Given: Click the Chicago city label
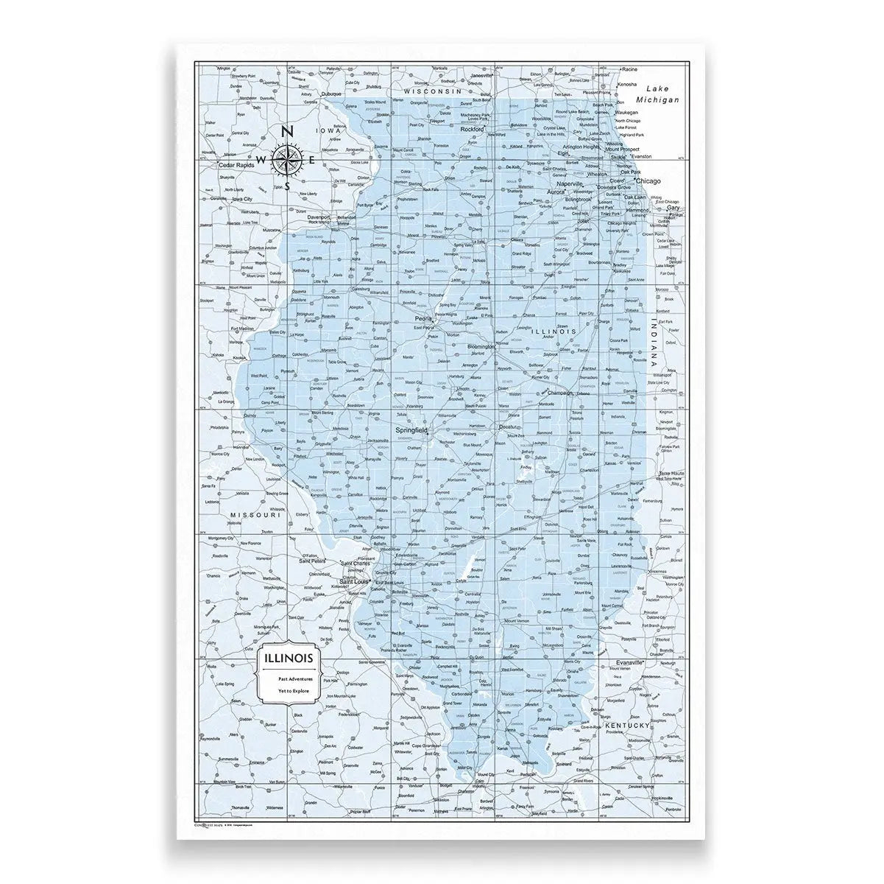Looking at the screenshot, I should click(648, 180).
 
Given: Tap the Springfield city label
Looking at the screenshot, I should click(413, 429).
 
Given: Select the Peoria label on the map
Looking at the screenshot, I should click(423, 319).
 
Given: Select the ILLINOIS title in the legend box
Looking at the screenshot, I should click(289, 656).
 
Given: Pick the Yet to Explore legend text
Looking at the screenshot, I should click(289, 692).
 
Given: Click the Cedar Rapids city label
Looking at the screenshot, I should click(236, 165).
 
